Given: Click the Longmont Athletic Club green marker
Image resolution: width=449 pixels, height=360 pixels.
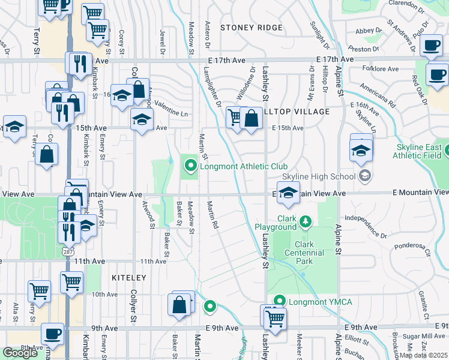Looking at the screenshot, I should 191,164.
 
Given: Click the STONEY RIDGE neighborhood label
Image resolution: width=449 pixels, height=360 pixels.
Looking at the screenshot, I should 251,28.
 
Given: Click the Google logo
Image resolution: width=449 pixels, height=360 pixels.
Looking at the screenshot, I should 20,353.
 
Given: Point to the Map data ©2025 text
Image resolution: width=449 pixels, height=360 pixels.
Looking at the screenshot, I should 424,355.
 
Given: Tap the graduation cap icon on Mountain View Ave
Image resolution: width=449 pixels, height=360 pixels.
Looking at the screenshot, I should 289,193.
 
